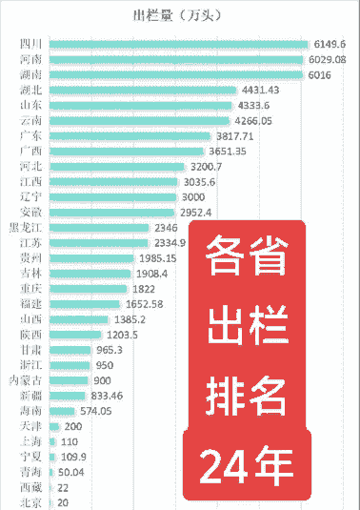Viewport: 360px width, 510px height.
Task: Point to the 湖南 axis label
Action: pyautogui.click(x=30, y=74)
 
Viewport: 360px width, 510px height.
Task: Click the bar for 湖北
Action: pyautogui.click(x=142, y=90)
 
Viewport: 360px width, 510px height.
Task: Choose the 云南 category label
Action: pyautogui.click(x=30, y=120)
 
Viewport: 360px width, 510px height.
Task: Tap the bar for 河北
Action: pyautogui.click(x=115, y=166)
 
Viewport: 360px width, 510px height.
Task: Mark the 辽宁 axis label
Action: pyautogui.click(x=30, y=196)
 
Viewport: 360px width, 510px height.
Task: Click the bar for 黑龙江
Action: pyautogui.click(x=99, y=228)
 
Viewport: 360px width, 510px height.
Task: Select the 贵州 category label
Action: pyautogui.click(x=30, y=258)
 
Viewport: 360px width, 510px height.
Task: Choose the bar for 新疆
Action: pyautogui.click(x=66, y=395)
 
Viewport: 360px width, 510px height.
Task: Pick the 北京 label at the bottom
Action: pyautogui.click(x=30, y=502)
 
